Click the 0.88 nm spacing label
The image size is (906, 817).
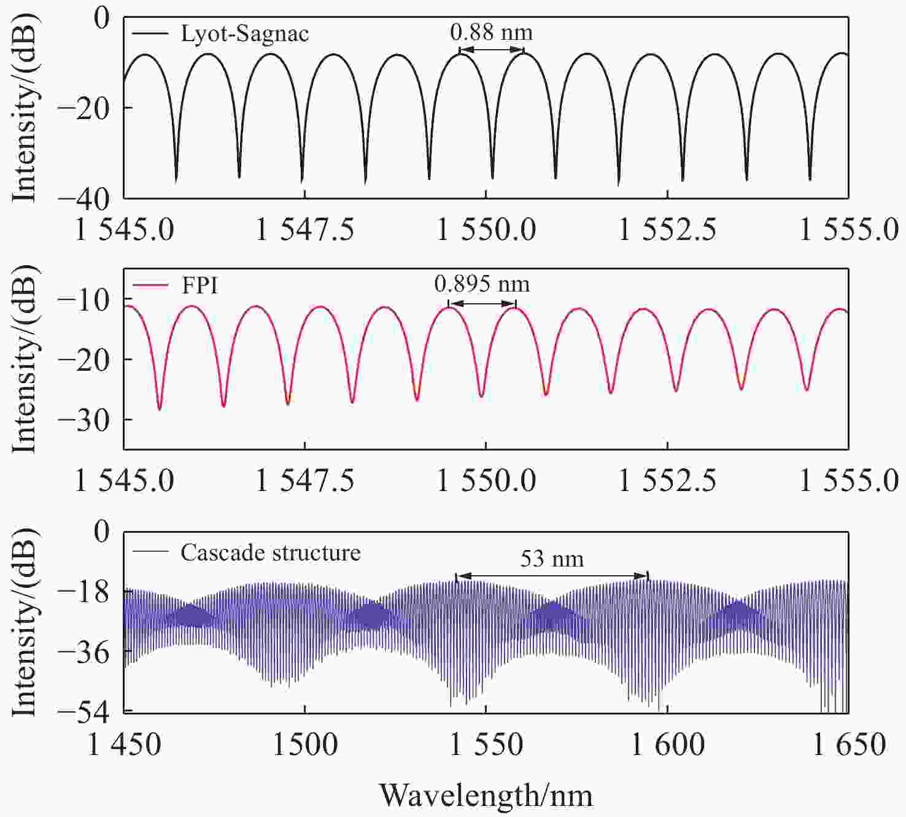click(x=491, y=33)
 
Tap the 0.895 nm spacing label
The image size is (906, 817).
click(x=482, y=284)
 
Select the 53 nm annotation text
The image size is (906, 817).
click(x=552, y=559)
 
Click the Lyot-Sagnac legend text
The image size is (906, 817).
click(x=244, y=33)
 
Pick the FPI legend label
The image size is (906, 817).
click(x=200, y=285)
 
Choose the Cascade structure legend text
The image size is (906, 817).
click(x=270, y=553)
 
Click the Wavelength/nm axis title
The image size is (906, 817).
click(x=486, y=796)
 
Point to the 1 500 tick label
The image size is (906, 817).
click(x=305, y=745)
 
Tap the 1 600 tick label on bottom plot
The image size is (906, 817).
click(x=668, y=745)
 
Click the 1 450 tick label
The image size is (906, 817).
click(x=125, y=745)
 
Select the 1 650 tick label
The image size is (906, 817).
click(x=850, y=745)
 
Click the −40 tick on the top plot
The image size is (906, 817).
click(x=83, y=198)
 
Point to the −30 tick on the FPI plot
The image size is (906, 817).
click(x=83, y=420)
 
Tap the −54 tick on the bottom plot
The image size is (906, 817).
click(x=83, y=711)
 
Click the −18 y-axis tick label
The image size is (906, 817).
click(x=83, y=591)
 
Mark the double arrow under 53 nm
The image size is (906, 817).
click(x=552, y=576)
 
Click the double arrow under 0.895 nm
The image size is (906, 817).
click(x=482, y=303)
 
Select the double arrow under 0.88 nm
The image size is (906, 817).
click(x=491, y=50)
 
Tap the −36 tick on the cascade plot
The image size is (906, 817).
click(x=83, y=651)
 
